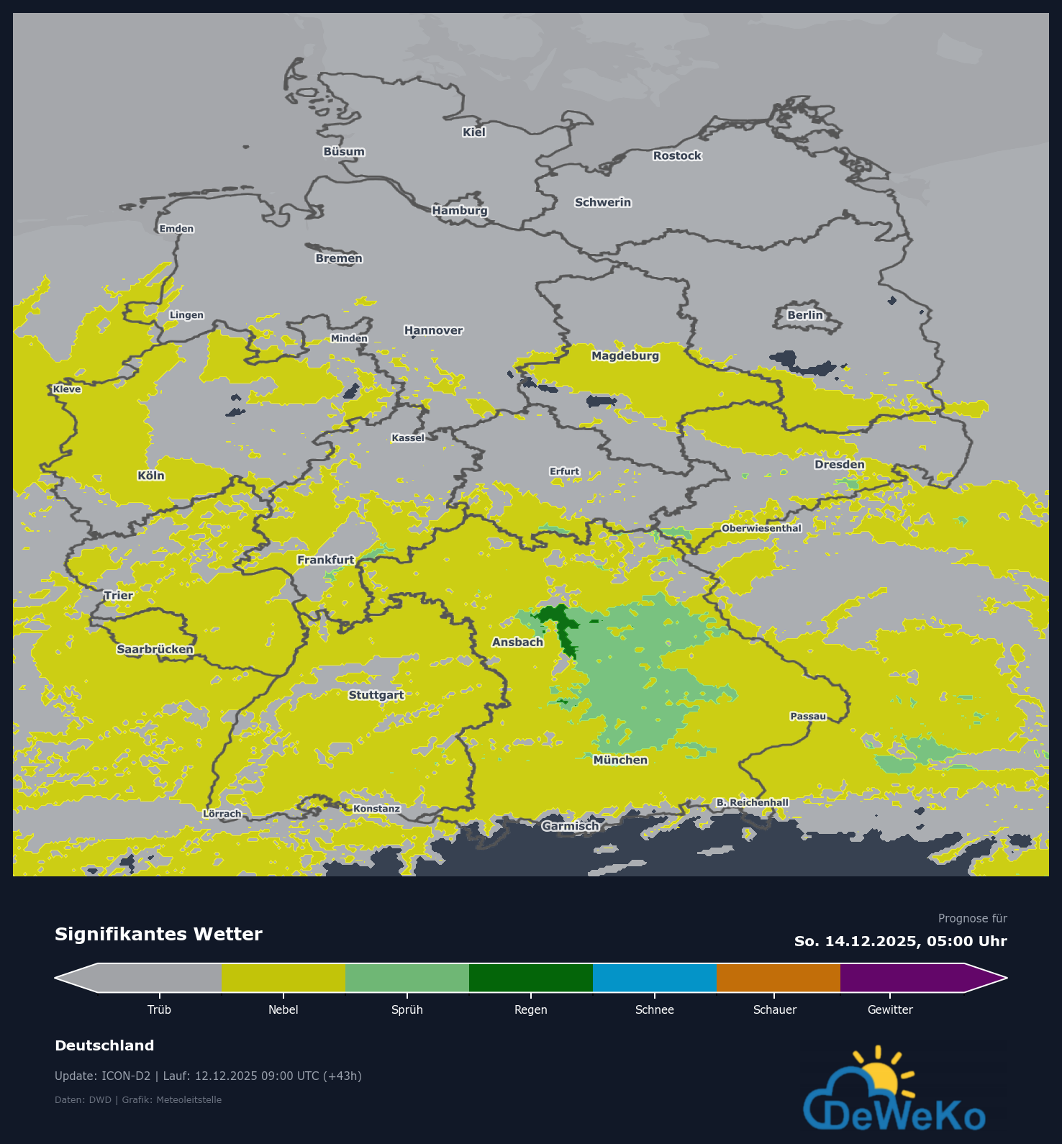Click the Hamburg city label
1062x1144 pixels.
point(460,210)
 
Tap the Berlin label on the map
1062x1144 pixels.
point(804,315)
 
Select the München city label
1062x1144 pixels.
point(620,760)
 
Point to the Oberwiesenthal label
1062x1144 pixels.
point(761,528)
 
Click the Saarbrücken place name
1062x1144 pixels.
point(155,649)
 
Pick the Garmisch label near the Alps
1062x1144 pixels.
point(570,826)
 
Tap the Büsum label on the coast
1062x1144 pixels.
point(344,152)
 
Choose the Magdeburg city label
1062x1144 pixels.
point(625,355)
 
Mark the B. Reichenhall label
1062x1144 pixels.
point(752,802)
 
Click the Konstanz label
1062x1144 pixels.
point(376,809)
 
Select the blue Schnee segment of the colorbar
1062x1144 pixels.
point(654,978)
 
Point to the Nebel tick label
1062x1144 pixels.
point(283,1009)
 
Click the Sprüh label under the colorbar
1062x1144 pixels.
point(407,1009)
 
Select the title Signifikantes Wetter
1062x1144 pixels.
point(158,934)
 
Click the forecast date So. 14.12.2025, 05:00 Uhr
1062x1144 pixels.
point(900,941)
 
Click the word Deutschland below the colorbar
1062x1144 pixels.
point(104,1045)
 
